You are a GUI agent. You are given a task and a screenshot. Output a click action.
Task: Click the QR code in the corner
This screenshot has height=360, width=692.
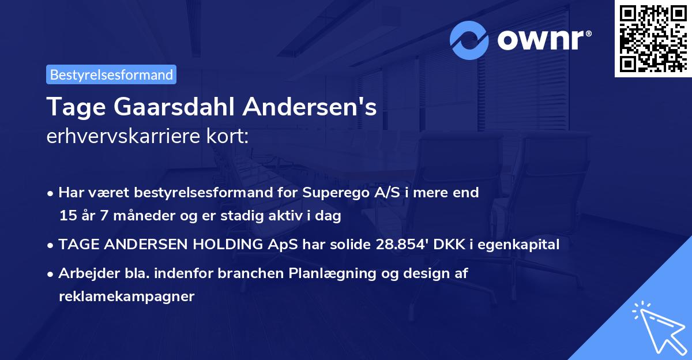click(653, 39)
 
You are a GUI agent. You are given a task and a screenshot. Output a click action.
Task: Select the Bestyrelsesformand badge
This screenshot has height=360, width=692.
click(111, 74)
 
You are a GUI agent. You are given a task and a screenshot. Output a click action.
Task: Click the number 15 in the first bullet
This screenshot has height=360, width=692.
click(67, 216)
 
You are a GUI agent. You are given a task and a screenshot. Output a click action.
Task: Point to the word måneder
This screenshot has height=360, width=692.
click(133, 216)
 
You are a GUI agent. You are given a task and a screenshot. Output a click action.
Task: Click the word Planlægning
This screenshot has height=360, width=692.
click(330, 273)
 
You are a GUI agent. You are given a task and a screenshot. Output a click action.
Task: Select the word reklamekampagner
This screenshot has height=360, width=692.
click(127, 297)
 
